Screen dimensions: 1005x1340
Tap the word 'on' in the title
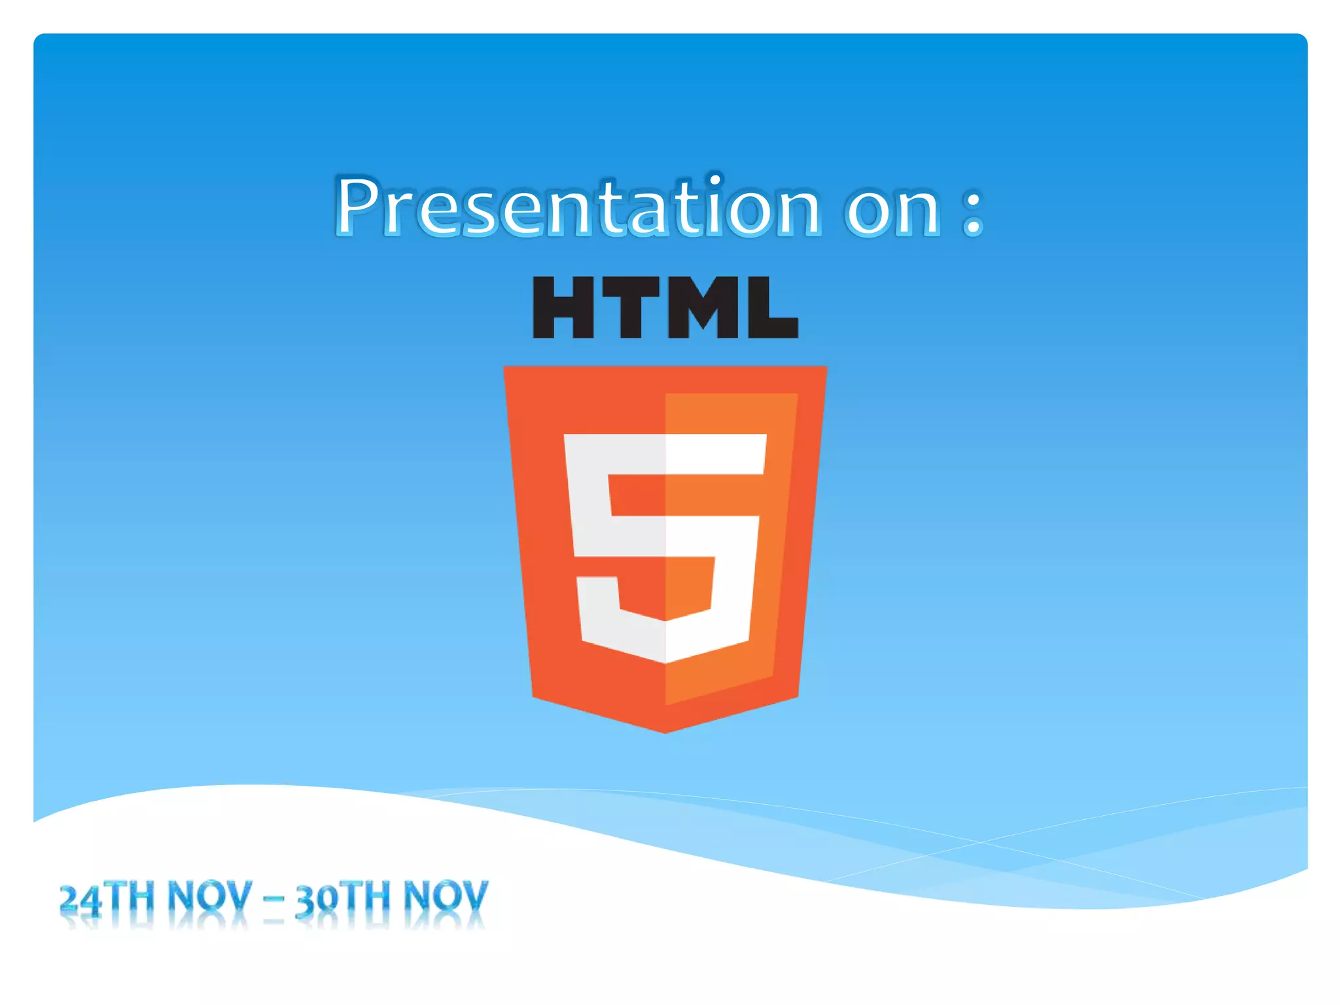tap(894, 211)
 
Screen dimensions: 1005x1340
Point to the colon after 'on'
tap(973, 211)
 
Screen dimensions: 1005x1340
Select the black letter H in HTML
tap(563, 307)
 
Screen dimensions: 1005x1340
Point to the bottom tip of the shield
tap(665, 732)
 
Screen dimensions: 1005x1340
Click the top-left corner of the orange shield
tap(505, 368)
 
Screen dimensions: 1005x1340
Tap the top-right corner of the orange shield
tap(826, 368)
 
